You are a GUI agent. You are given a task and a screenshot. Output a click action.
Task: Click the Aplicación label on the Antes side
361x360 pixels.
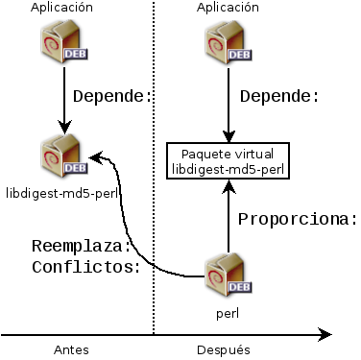coord(62,9)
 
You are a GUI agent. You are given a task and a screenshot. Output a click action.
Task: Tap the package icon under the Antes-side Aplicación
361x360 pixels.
coord(62,43)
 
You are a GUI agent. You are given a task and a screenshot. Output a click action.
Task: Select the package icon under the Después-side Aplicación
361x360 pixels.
coord(228,43)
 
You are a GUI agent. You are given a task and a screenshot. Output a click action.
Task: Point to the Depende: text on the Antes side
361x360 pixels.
coord(112,97)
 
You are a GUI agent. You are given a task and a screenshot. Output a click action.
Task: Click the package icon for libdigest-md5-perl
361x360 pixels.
coord(62,156)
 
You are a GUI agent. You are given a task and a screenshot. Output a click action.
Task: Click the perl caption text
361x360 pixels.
coord(228,313)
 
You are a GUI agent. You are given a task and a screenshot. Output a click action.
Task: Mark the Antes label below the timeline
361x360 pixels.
coord(73,350)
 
